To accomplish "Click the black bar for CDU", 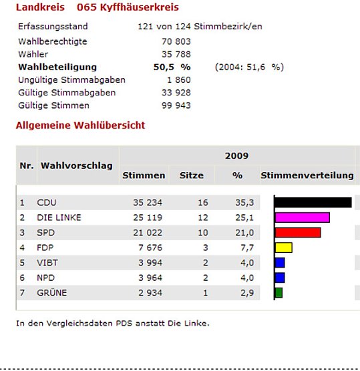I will pyautogui.click(x=313, y=202).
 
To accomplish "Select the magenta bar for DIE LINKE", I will pyautogui.click(x=303, y=218).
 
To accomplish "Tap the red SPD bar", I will pyautogui.click(x=298, y=232).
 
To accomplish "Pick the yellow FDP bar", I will pyautogui.click(x=284, y=248).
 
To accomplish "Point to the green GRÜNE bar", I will pyautogui.click(x=279, y=293).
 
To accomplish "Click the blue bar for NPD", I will pyautogui.click(x=280, y=278).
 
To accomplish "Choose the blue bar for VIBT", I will pyautogui.click(x=280, y=262).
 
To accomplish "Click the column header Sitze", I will pyautogui.click(x=192, y=175).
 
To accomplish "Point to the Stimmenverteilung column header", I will pyautogui.click(x=307, y=175).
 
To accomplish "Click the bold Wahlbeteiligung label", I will pyautogui.click(x=57, y=67).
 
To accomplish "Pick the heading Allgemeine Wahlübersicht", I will pyautogui.click(x=80, y=125).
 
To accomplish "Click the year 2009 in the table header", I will pyautogui.click(x=237, y=156).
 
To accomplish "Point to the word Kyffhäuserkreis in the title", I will pyautogui.click(x=139, y=7).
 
